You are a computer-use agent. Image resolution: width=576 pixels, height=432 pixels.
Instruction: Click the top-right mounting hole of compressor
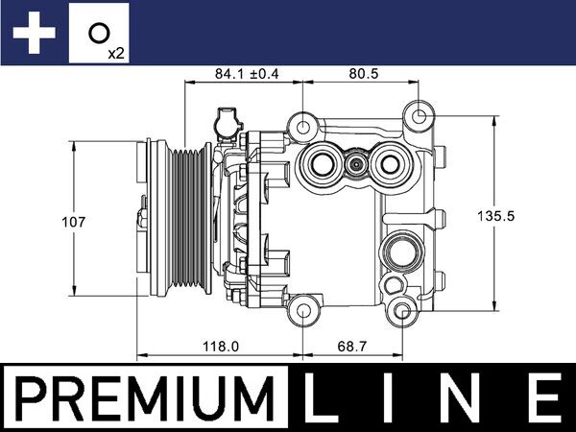[419, 116]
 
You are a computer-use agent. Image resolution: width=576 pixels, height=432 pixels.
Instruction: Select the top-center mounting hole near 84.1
[303, 126]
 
